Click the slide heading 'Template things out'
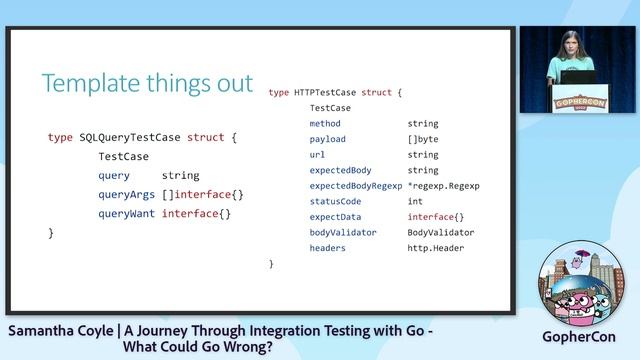click(x=147, y=83)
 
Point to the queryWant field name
click(x=126, y=213)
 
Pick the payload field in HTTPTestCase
click(x=328, y=139)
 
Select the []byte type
click(x=423, y=139)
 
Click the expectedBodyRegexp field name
click(x=355, y=186)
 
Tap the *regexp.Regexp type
click(x=443, y=186)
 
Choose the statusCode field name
click(x=335, y=201)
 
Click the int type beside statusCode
click(x=415, y=201)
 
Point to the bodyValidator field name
click(x=342, y=232)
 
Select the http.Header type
click(x=435, y=248)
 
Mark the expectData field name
click(x=335, y=217)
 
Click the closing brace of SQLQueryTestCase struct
click(x=51, y=232)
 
